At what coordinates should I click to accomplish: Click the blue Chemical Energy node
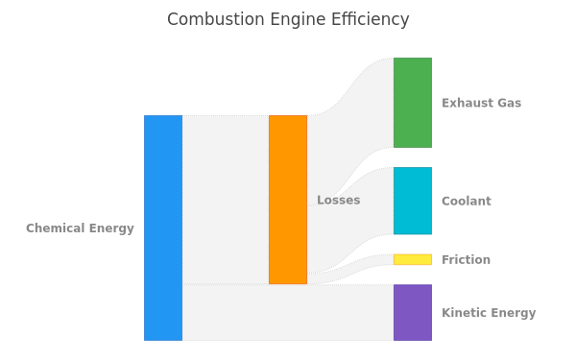pos(163,228)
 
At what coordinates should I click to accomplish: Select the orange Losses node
pos(288,200)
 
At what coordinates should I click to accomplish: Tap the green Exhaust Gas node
pos(413,103)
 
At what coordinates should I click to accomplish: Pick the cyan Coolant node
pos(413,201)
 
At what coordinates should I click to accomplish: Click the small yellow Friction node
pos(413,259)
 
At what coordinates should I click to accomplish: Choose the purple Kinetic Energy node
pos(413,312)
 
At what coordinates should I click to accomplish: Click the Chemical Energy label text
pos(80,228)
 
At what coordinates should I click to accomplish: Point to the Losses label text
pos(338,200)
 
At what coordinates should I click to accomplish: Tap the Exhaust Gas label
pos(481,103)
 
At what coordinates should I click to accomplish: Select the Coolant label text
pos(467,201)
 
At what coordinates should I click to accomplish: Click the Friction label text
pos(466,260)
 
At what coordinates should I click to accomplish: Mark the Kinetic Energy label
pos(489,313)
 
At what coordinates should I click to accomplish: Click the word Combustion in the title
pos(216,19)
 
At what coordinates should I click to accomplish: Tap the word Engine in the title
pos(298,20)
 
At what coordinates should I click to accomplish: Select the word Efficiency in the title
pos(371,20)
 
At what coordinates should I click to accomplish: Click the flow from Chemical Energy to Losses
pos(226,200)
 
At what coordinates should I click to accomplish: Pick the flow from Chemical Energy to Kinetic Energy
pos(288,312)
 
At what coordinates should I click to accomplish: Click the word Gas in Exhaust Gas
pos(509,103)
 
